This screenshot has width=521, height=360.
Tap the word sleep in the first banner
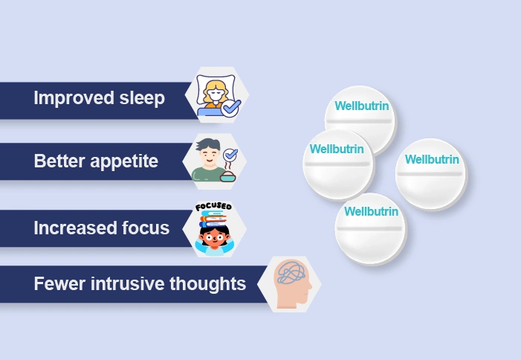140,98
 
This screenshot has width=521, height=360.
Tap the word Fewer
57,283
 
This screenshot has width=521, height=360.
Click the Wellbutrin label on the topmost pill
361,106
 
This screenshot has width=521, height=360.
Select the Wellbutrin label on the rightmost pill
432,159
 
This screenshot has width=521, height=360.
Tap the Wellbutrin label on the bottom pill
371,211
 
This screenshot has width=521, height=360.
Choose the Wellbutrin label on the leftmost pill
337,149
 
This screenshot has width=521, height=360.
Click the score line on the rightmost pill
431,175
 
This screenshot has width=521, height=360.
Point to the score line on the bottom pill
370,228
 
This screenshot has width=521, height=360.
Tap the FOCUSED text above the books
213,206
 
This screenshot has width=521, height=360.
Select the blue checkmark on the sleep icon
231,109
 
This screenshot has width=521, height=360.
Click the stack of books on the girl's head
215,219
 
